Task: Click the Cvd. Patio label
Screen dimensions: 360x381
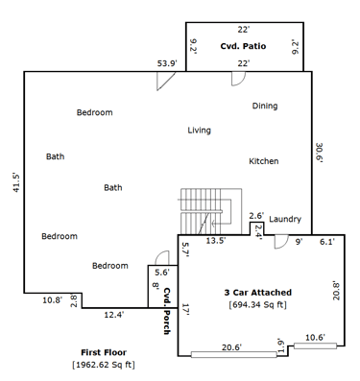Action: pos(243,46)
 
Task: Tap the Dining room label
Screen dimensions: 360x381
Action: pos(265,106)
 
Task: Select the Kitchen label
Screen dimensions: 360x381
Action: pos(264,161)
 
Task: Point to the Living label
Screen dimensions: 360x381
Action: pos(199,131)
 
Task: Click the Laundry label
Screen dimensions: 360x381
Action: pos(285,219)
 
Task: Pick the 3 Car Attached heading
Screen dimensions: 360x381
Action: pos(258,293)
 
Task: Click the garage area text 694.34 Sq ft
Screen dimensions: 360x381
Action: pos(258,304)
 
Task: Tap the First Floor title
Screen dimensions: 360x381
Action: pos(104,352)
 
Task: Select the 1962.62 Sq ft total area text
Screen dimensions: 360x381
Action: pos(104,365)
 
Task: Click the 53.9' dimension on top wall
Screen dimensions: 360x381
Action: pos(167,63)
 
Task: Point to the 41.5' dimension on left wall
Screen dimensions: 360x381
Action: pos(16,182)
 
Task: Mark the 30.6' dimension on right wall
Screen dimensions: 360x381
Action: pos(319,153)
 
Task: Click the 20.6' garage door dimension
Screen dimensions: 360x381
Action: pos(231,347)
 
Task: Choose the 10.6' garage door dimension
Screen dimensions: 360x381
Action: pos(315,338)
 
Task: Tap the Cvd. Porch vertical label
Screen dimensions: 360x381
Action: pos(167,311)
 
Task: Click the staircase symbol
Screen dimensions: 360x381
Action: pos(210,211)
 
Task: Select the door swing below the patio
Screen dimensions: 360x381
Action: pos(239,79)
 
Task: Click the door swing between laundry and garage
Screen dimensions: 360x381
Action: pos(282,242)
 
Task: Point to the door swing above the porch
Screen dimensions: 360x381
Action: pos(162,258)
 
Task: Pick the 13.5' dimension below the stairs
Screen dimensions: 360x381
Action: pos(216,241)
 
